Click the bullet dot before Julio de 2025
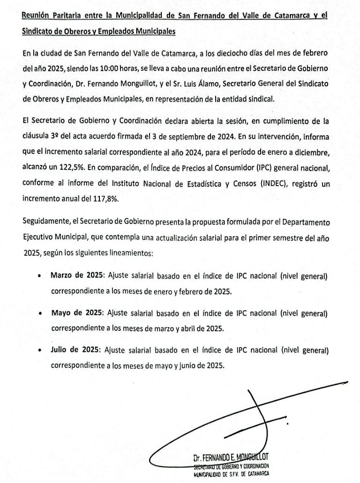pos(40,350)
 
